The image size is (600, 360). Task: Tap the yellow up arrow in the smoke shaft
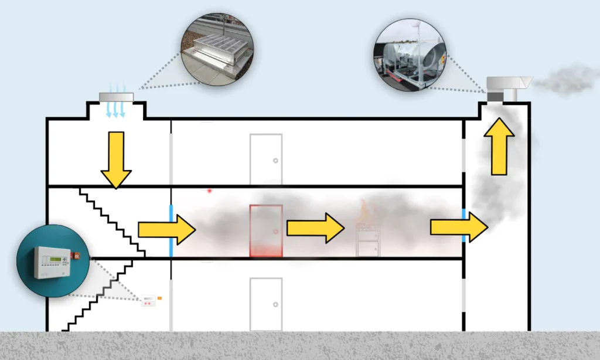(x=499, y=146)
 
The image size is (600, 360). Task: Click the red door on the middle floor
(x=266, y=230)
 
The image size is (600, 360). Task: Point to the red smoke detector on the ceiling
(x=209, y=191)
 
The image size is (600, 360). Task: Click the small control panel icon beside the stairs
(x=149, y=300)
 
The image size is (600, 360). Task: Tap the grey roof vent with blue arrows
(x=116, y=97)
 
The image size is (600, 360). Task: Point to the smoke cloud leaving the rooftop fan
(x=566, y=81)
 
